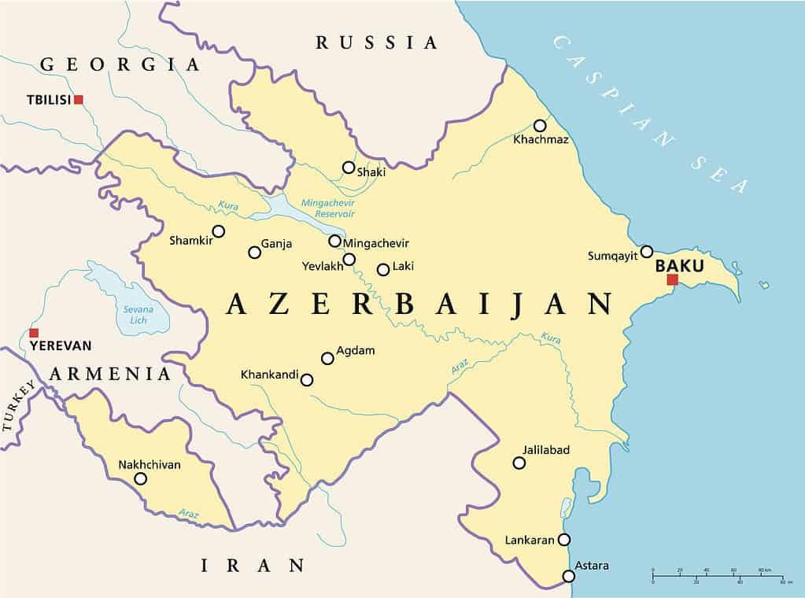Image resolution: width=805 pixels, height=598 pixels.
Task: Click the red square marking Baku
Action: click(672, 279)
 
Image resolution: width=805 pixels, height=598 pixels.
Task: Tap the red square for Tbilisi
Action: click(78, 99)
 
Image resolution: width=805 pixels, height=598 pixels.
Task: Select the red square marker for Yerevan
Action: click(33, 333)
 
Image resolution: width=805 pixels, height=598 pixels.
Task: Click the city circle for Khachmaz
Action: click(540, 125)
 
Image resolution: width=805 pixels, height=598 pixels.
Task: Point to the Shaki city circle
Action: click(348, 167)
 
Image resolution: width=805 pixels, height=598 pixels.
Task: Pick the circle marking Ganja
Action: click(254, 253)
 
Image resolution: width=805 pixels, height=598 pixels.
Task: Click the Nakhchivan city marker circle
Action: click(140, 478)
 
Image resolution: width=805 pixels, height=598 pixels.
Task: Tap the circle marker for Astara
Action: click(568, 576)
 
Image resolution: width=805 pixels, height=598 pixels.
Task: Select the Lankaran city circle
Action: click(563, 540)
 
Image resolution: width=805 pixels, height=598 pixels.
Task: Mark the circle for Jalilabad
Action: click(519, 463)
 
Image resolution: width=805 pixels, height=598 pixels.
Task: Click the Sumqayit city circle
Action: click(646, 252)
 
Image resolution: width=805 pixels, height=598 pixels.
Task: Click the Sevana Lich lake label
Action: click(137, 315)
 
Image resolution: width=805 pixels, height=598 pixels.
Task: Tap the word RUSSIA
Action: click(376, 42)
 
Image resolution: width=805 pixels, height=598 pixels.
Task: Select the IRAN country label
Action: click(252, 564)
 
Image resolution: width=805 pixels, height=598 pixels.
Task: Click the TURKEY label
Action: click(18, 406)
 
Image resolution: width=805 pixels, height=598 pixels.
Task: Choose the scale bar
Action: click(717, 576)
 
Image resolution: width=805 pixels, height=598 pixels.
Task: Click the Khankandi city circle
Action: click(307, 379)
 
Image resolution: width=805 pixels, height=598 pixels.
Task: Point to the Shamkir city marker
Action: click(219, 231)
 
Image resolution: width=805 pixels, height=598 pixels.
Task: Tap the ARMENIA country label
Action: click(110, 374)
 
